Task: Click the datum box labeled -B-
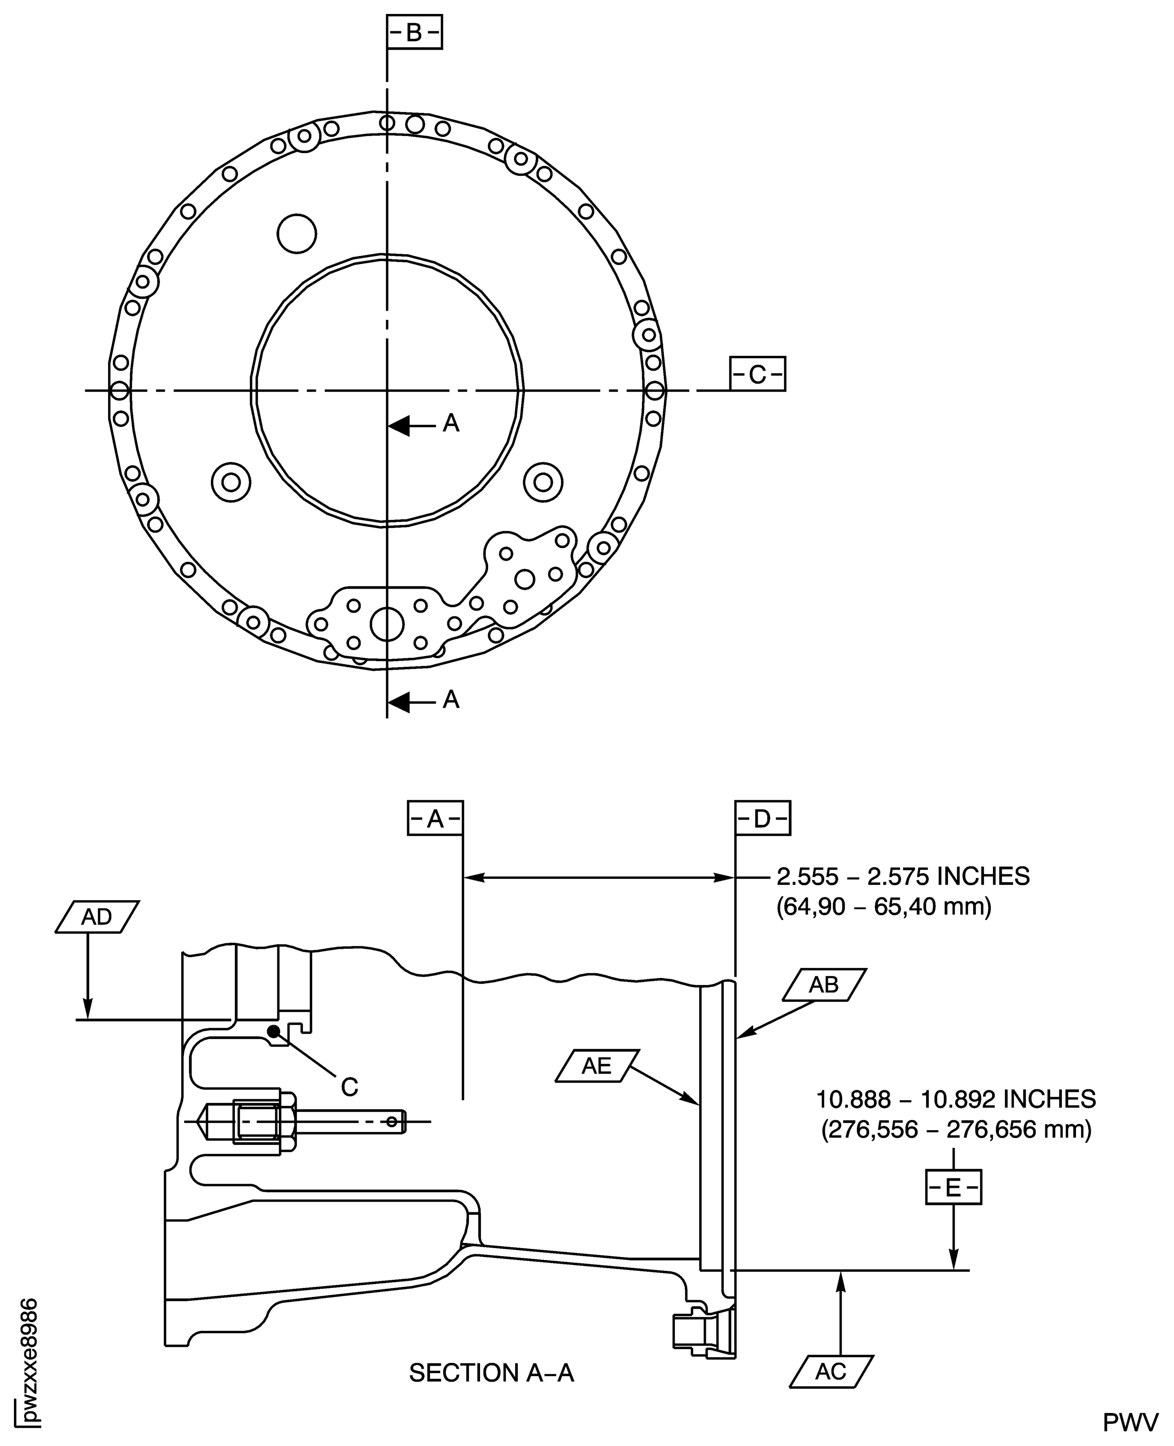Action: point(414,32)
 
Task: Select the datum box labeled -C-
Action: point(757,374)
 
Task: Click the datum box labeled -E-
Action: point(953,1188)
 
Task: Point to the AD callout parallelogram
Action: point(97,917)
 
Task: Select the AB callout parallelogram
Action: point(824,985)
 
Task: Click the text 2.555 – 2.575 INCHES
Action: point(902,877)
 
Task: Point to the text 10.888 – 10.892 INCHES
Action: point(956,1099)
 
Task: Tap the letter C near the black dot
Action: point(349,1087)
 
